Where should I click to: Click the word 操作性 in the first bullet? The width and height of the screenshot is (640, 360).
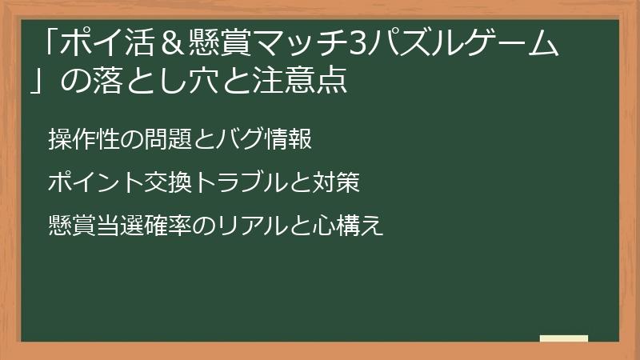point(82,139)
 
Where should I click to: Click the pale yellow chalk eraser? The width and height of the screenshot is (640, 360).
point(563,339)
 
